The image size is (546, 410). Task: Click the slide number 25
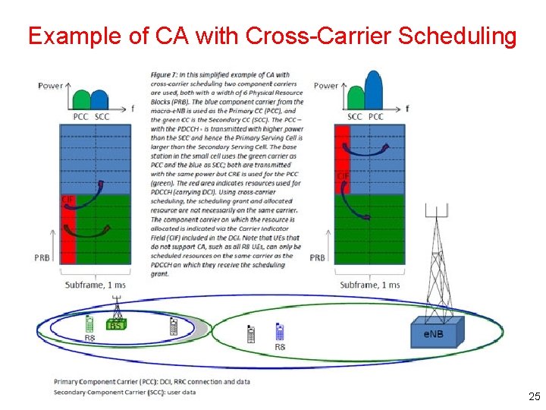pos(534,396)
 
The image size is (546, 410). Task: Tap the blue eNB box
pos(435,333)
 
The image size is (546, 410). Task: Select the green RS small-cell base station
pos(116,324)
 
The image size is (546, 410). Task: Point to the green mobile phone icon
pos(89,324)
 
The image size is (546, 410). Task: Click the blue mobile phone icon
pos(279,333)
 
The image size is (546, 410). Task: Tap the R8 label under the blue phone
pos(280,347)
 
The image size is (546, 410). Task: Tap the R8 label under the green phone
pos(89,338)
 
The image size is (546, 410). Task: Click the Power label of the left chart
pos(51,86)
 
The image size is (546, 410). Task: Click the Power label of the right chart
pos(326,86)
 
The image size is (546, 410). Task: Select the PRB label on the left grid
pos(42,258)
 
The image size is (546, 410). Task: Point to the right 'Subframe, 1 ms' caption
pos(370,285)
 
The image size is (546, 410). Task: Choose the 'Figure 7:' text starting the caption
pos(166,74)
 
